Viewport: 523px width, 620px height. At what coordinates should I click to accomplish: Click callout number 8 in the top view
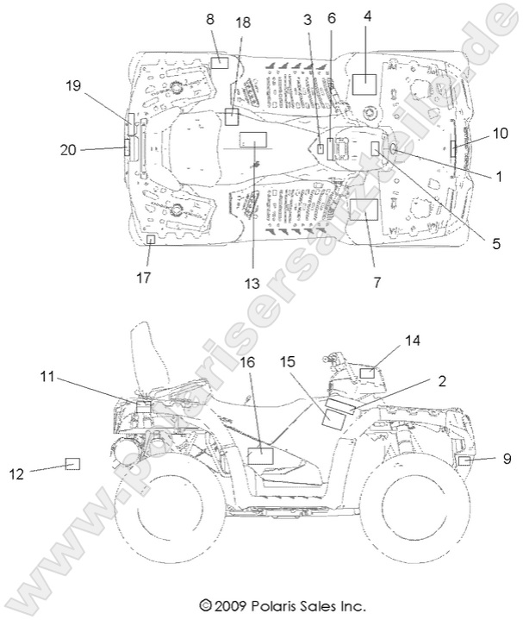(211, 18)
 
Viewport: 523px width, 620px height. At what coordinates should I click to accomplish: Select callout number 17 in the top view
(143, 277)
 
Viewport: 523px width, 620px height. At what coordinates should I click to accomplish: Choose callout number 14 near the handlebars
(413, 340)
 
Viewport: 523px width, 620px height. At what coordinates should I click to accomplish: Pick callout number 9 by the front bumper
(507, 459)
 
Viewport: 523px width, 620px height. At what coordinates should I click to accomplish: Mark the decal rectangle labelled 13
(254, 139)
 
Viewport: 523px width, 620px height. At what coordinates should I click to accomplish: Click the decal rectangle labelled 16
(259, 454)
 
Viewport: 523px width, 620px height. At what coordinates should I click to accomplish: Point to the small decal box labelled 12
(73, 464)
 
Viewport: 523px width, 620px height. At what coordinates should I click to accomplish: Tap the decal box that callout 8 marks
(220, 62)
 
